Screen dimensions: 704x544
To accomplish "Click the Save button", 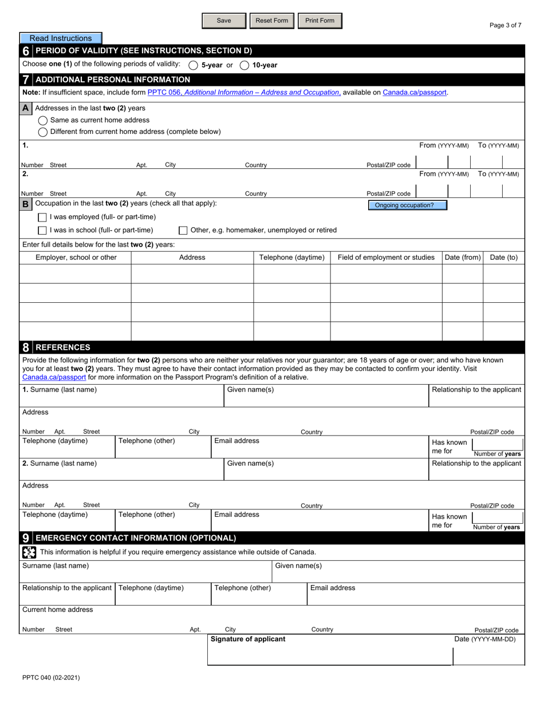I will point(224,21).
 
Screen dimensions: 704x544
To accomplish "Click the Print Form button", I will point(320,21).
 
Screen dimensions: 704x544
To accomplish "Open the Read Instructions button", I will point(61,38).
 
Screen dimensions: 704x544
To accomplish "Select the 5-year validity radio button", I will point(193,65).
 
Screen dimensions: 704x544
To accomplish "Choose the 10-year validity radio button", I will point(245,65).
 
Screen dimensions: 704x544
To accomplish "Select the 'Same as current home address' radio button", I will point(43,120).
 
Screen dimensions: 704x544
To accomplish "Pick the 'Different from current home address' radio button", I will point(43,132).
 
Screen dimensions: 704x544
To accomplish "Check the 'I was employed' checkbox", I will point(42,217).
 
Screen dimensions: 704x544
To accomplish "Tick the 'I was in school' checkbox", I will point(42,231).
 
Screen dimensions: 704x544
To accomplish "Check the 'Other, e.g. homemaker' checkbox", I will point(183,231).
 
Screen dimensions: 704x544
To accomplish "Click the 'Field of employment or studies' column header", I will point(386,258).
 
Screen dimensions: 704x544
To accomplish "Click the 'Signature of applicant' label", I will point(248,639).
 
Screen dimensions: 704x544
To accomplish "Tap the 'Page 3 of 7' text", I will point(506,25).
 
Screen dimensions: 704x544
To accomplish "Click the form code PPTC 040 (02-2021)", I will point(51,678).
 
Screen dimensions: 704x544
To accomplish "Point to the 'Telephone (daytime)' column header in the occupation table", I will point(292,258).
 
